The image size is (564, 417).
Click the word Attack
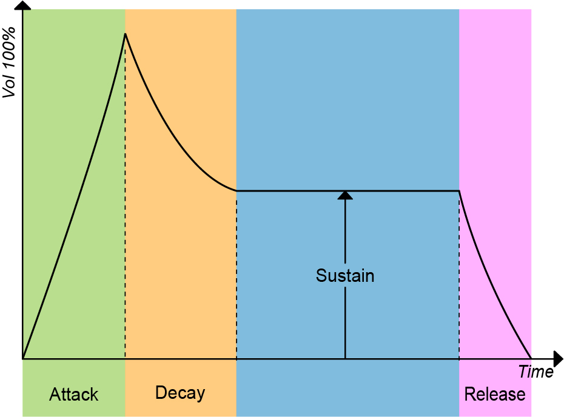(73, 395)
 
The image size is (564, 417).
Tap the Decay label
(180, 393)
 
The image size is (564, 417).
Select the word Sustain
(345, 276)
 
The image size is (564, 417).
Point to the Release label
(494, 395)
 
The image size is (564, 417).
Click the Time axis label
(535, 372)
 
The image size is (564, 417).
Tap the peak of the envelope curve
(125, 34)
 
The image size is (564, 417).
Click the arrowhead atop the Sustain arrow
(345, 195)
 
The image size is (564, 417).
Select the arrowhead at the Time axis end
(557, 359)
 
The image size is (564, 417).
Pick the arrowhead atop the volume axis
(23, 5)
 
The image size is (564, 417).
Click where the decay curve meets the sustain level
(237, 191)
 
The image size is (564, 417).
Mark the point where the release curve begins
(459, 192)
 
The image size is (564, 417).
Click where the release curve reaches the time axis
(531, 358)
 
